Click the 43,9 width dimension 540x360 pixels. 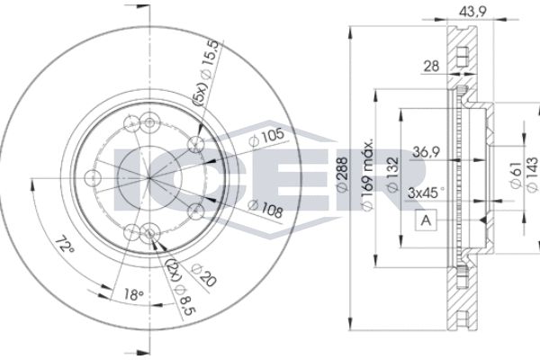472,12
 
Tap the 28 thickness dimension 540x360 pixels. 431,66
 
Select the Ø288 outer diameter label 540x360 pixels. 342,175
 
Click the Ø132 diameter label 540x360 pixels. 392,175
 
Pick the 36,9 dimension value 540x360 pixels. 427,151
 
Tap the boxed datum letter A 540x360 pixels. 427,220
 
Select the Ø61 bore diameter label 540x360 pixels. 515,175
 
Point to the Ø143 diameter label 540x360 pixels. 532,175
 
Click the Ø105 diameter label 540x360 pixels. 267,137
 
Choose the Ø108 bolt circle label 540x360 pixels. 265,209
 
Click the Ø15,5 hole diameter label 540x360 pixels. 210,60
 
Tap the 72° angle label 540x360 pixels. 65,245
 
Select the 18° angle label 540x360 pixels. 133,294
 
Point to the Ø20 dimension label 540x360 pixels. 204,275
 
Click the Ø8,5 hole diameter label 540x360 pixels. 184,301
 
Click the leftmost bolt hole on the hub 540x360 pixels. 93,178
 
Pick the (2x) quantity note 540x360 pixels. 173,270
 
